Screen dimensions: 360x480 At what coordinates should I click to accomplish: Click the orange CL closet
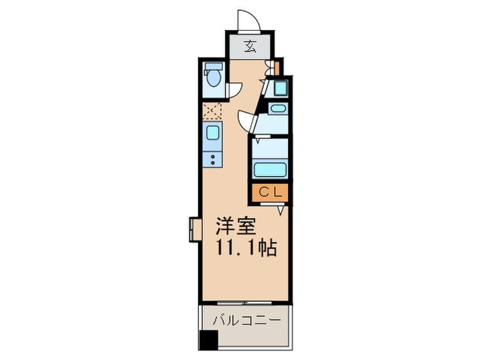(270, 193)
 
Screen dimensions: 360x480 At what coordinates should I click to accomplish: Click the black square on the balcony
(208, 339)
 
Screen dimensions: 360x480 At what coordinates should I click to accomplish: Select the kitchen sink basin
(213, 132)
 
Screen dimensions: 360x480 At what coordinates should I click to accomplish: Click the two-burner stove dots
(213, 160)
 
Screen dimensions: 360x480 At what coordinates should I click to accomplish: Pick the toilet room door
(233, 88)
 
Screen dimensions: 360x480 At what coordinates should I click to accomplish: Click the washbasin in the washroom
(278, 109)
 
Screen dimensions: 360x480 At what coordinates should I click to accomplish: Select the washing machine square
(279, 88)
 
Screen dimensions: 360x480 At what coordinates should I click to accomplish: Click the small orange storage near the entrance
(276, 67)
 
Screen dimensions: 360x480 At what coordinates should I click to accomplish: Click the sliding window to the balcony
(245, 302)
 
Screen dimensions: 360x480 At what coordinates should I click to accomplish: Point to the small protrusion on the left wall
(194, 230)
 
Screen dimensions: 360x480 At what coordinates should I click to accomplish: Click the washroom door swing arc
(245, 121)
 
